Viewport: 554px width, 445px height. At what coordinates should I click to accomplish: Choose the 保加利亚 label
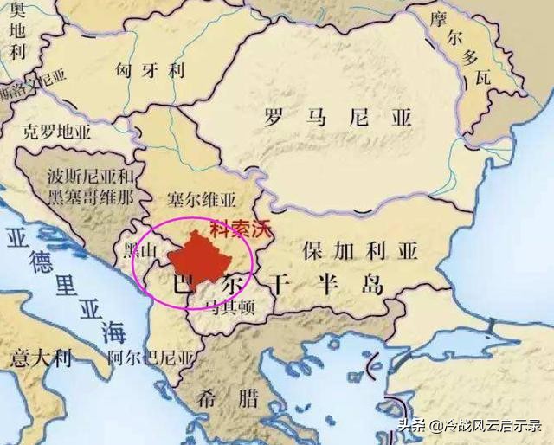(x=359, y=251)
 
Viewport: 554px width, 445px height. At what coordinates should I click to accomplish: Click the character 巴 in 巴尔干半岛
(x=184, y=285)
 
